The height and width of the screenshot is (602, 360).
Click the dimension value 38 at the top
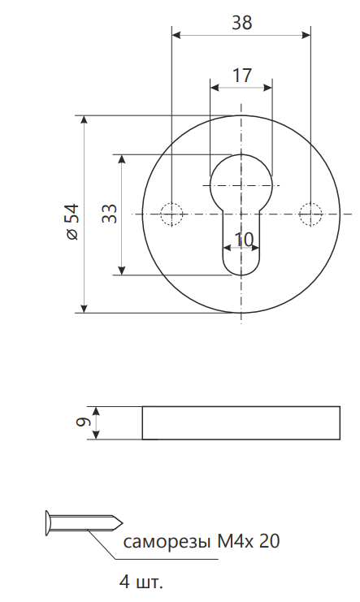[x=241, y=23]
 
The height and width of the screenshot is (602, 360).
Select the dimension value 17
[x=241, y=76]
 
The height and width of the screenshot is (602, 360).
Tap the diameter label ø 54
[x=72, y=222]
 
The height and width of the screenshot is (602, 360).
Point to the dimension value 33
[x=110, y=214]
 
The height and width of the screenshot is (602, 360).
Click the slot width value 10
[x=244, y=240]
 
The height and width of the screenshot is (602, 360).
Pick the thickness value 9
[x=83, y=422]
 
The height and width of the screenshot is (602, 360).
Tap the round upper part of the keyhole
[x=241, y=154]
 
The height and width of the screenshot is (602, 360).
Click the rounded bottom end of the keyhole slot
[x=241, y=275]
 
